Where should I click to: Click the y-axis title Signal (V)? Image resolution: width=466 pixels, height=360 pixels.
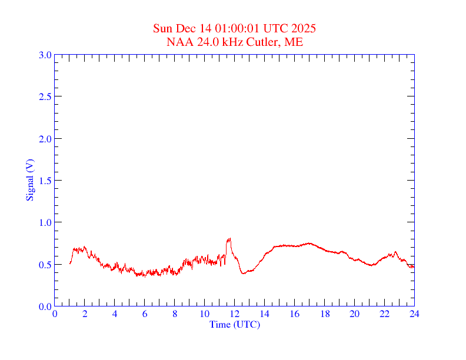[x=30, y=180]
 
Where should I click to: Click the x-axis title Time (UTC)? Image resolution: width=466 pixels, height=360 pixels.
[x=234, y=324]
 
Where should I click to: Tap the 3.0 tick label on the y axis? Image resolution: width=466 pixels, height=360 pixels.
[x=45, y=55]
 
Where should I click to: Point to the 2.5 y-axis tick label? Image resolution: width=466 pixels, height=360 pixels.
[x=45, y=97]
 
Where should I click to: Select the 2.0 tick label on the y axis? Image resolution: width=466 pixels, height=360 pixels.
[x=45, y=139]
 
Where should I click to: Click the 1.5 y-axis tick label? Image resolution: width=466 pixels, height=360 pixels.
[x=45, y=181]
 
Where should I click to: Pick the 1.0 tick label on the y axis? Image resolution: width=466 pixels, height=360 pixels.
[x=45, y=222]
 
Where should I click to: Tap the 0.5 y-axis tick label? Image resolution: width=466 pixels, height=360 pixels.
[x=45, y=265]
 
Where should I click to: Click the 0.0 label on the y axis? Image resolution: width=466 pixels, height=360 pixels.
[x=45, y=306]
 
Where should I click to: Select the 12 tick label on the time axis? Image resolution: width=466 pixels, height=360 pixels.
[x=234, y=314]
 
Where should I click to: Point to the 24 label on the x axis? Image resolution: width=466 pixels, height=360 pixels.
[x=414, y=314]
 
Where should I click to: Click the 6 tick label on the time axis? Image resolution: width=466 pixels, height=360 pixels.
[x=145, y=314]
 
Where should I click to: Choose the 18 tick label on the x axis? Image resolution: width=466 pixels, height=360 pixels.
[x=324, y=314]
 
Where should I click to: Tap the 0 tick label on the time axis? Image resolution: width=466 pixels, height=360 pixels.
[x=55, y=314]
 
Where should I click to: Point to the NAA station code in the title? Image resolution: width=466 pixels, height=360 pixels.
[x=178, y=42]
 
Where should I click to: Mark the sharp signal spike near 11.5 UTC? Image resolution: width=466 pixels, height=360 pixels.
[x=228, y=240]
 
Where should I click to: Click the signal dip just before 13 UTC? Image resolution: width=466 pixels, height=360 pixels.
[x=244, y=273]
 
